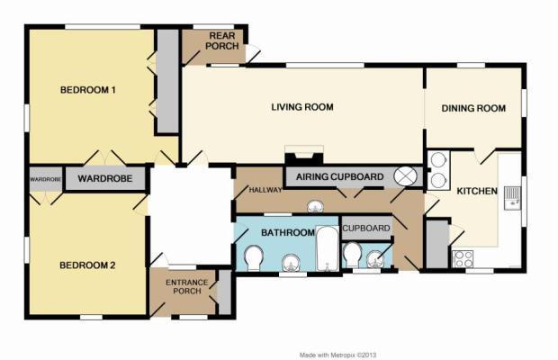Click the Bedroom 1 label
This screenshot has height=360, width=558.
(88, 90)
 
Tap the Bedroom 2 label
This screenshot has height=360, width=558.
(87, 265)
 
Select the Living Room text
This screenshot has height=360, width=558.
(302, 107)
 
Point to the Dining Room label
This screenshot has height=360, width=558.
(473, 108)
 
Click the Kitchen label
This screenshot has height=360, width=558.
(477, 191)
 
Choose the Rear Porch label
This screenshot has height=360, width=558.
(221, 40)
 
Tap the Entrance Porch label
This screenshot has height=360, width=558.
(187, 287)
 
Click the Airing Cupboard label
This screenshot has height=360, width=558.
(340, 176)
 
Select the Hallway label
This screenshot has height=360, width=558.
(265, 190)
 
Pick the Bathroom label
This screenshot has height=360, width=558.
(288, 232)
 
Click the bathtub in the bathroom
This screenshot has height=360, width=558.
(327, 248)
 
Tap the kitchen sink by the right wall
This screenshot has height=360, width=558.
(512, 199)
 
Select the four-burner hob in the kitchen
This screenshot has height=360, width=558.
(463, 258)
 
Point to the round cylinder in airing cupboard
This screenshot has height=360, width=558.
(405, 176)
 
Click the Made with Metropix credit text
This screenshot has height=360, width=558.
(337, 355)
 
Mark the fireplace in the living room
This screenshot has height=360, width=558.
(304, 155)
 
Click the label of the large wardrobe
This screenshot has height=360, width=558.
(105, 178)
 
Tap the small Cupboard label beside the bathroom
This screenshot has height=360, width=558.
(366, 228)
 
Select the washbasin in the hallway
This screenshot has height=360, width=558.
(315, 206)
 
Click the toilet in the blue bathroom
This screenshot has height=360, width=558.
(254, 258)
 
